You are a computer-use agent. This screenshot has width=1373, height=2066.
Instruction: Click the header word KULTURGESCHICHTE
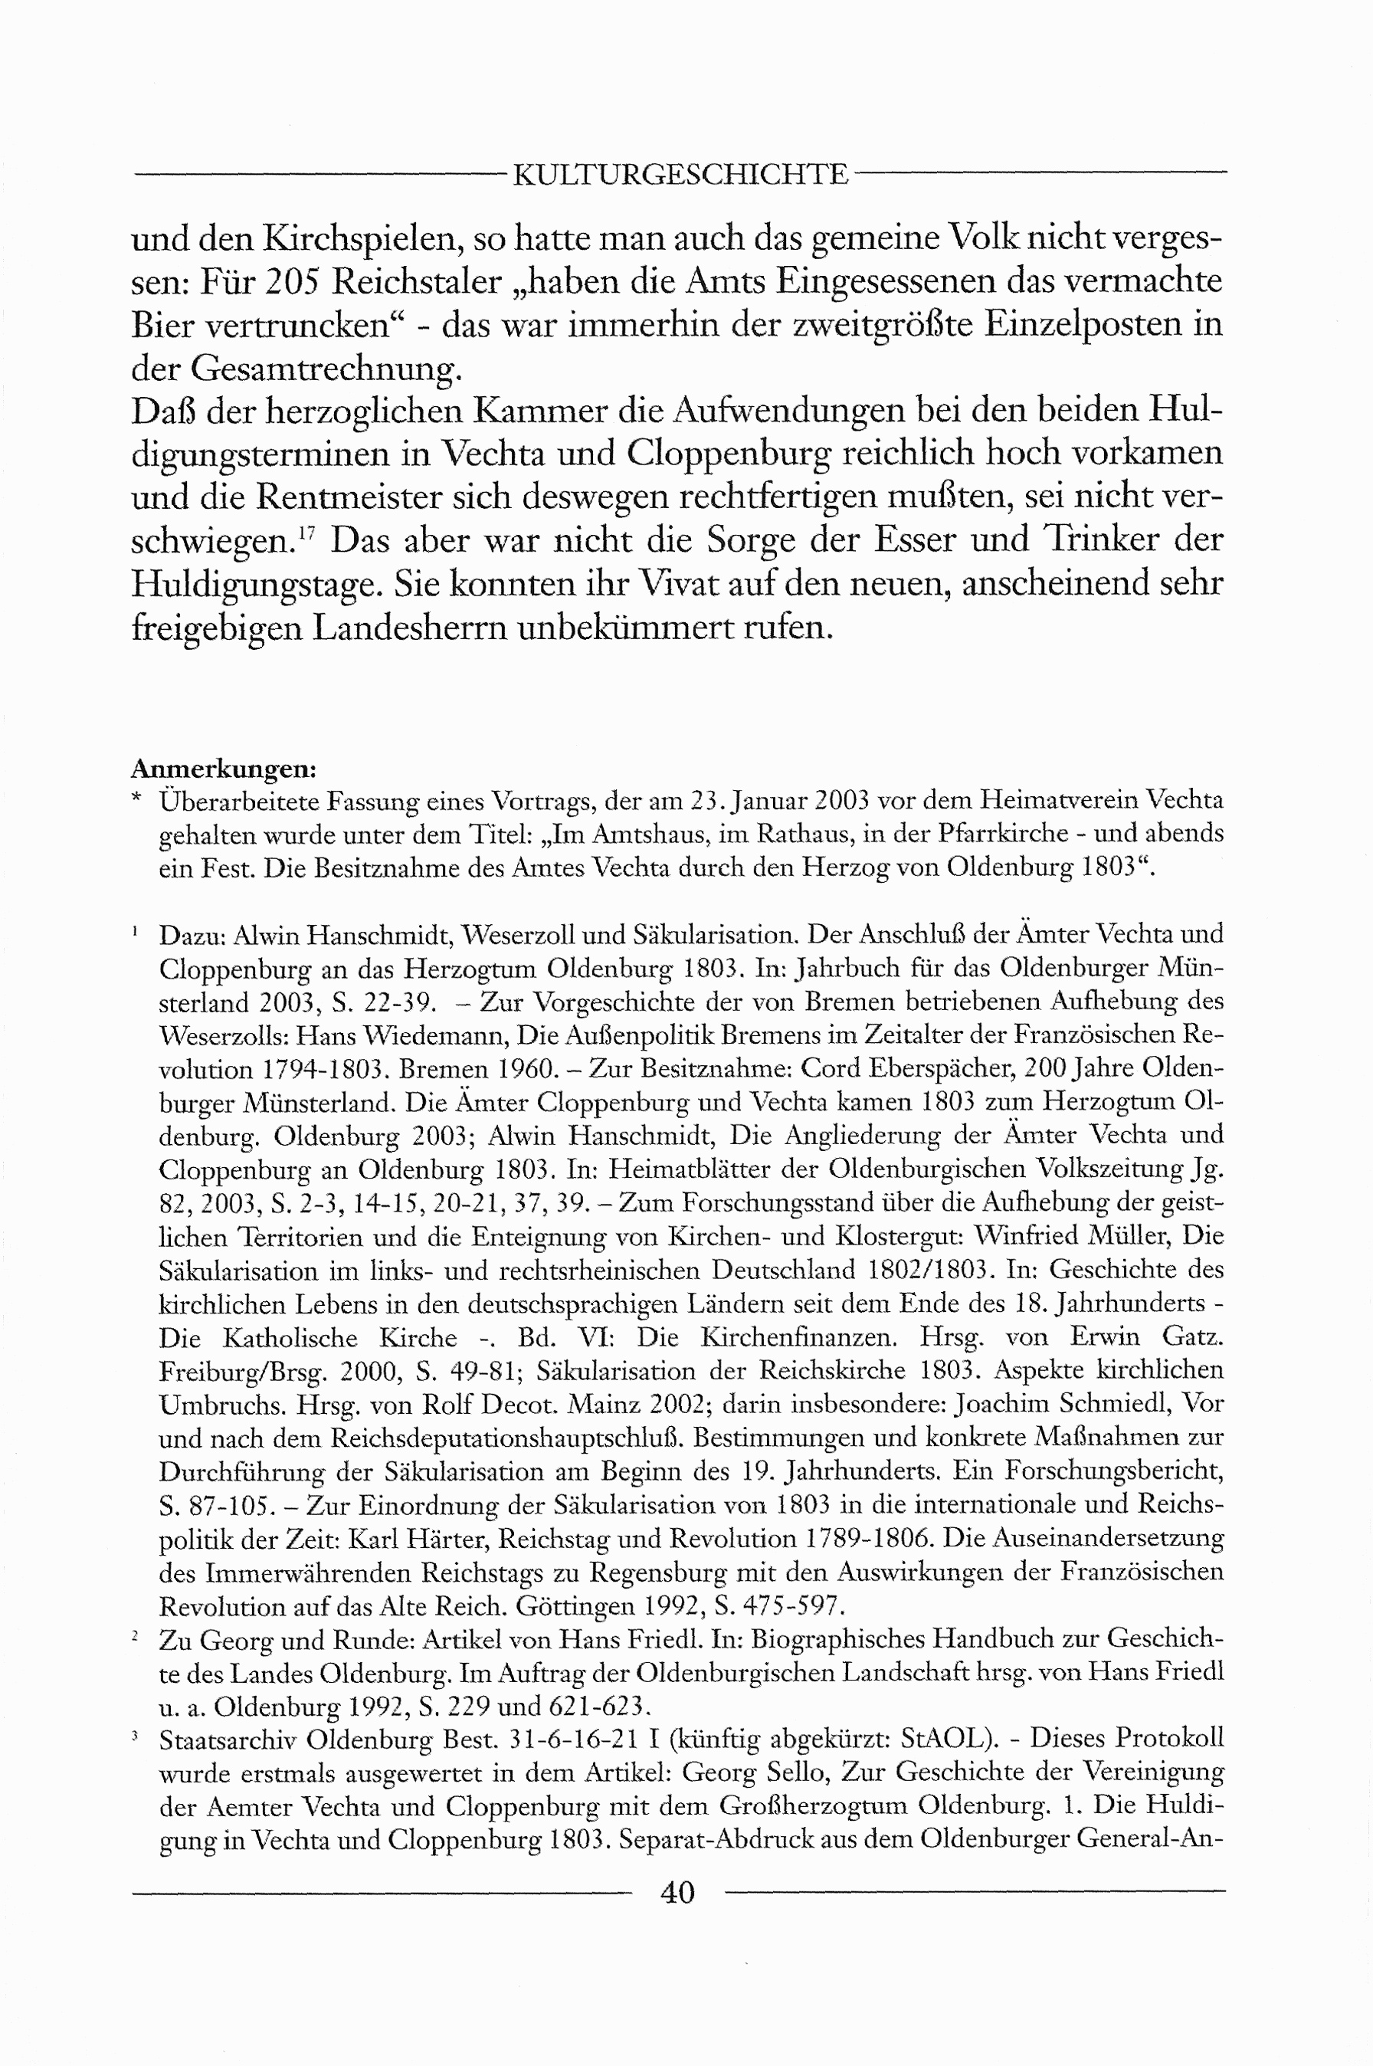pyautogui.click(x=680, y=175)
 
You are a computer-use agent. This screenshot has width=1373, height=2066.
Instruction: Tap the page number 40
pyautogui.click(x=678, y=1892)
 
